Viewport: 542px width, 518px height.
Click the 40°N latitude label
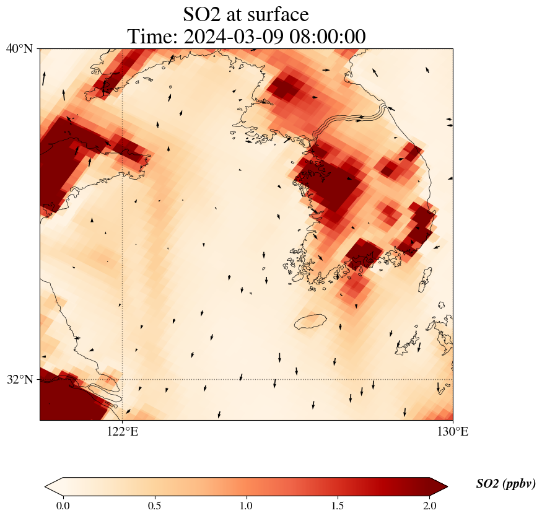(20, 48)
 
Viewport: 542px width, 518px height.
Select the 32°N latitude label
(20, 379)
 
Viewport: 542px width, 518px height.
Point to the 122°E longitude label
(123, 432)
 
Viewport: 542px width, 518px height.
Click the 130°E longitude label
(453, 432)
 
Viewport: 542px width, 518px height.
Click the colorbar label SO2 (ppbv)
(505, 484)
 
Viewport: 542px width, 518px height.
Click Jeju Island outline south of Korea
(310, 322)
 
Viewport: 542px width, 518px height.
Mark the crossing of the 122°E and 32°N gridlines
(123, 379)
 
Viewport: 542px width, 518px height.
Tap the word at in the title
(236, 14)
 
